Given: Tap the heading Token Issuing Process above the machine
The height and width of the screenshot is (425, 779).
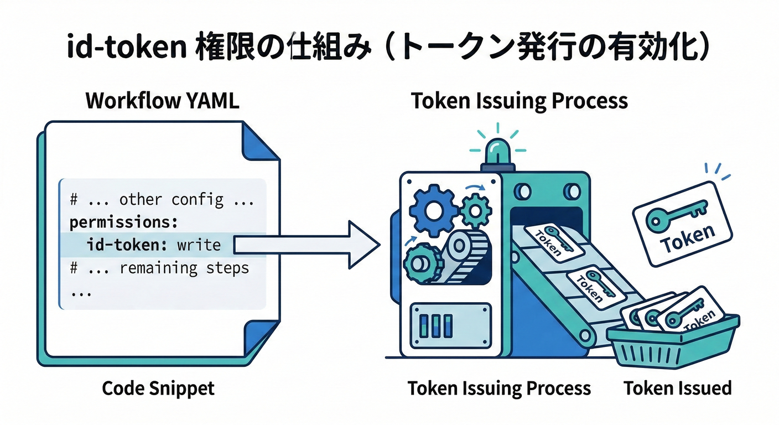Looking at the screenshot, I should click(519, 101).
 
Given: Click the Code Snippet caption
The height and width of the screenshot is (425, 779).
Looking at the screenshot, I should click(158, 388).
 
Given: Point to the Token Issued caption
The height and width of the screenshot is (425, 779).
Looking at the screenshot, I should click(678, 388).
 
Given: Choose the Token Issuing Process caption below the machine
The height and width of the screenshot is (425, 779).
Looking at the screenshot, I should click(499, 388).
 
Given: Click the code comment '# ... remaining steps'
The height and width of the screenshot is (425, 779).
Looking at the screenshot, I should click(159, 268).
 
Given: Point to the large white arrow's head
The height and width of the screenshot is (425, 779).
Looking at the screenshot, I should click(365, 245).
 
